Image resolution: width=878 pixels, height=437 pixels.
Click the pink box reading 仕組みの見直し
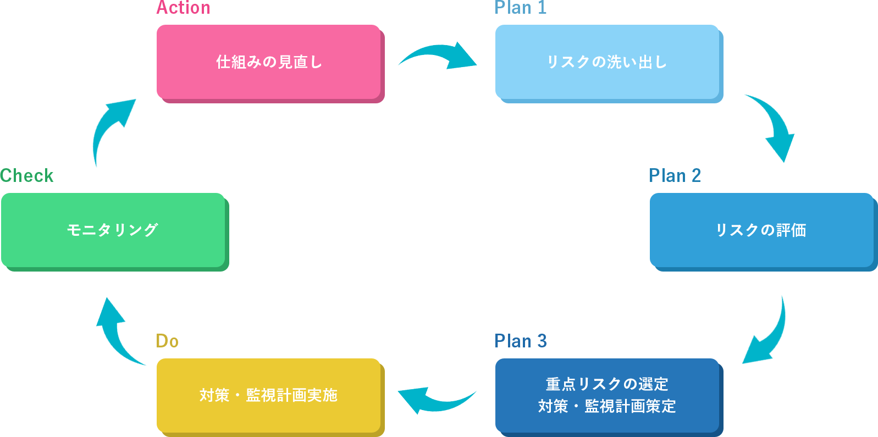[x=269, y=62]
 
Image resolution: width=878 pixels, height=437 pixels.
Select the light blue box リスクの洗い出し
[x=607, y=62]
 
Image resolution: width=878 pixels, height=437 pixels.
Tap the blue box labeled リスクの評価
[x=761, y=230]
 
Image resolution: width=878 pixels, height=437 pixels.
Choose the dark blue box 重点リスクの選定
[x=607, y=384]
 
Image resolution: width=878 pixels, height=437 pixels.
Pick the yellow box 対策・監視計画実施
[x=269, y=395]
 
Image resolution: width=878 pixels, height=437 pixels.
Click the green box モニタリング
[x=113, y=230]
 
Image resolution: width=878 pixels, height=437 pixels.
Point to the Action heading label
[x=184, y=8]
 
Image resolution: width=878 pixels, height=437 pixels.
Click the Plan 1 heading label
[x=520, y=8]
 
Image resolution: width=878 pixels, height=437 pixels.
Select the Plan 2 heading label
[x=675, y=176]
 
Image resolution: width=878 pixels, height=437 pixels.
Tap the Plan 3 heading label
[x=520, y=341]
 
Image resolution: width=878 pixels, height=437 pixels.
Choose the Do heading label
[x=167, y=341]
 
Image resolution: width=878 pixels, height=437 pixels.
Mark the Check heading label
[x=27, y=176]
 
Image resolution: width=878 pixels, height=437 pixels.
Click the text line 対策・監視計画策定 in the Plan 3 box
[x=607, y=406]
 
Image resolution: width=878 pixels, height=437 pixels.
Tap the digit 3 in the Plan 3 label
[x=542, y=341]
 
